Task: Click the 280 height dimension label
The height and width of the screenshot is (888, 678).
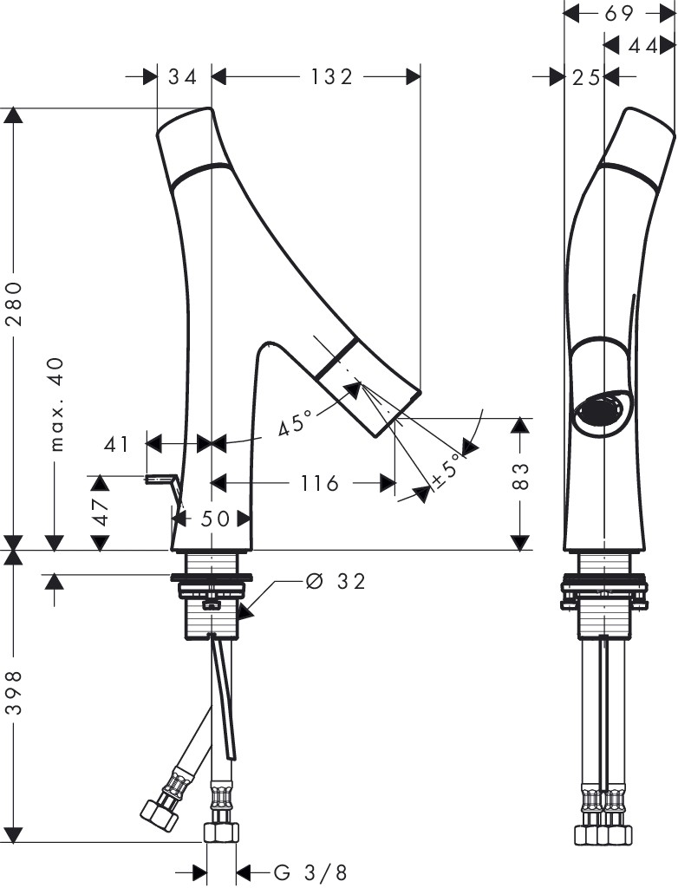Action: [15, 303]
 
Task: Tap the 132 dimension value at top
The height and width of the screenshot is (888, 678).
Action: [332, 76]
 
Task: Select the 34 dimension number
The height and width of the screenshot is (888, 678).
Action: [183, 76]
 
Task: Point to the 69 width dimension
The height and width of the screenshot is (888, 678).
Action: [618, 12]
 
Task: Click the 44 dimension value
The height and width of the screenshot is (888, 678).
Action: [642, 45]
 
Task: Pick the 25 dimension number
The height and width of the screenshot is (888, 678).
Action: [586, 77]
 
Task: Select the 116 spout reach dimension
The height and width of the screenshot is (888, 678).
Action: [319, 483]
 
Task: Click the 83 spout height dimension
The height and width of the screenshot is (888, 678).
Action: [521, 476]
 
